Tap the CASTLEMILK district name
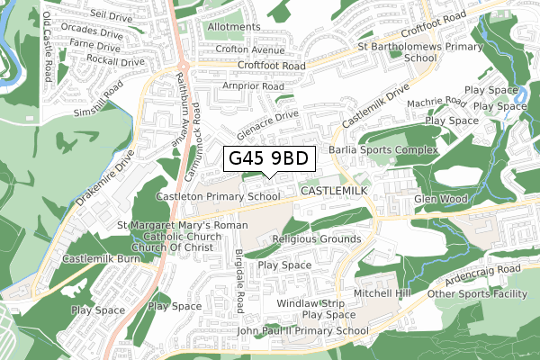pyautogui.click(x=335, y=193)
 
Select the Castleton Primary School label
pyautogui.click(x=218, y=195)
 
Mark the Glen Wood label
pyautogui.click(x=438, y=200)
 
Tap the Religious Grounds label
pyautogui.click(x=315, y=239)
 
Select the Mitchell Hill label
pyautogui.click(x=382, y=293)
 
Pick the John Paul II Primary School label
pyautogui.click(x=302, y=331)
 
